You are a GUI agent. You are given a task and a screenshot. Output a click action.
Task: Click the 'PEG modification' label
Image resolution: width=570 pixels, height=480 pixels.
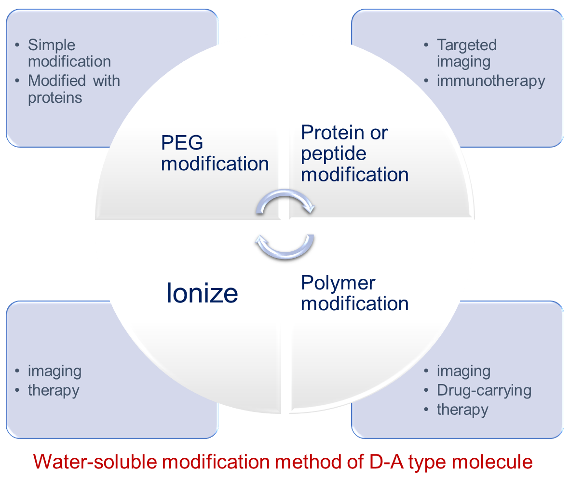tap(215, 153)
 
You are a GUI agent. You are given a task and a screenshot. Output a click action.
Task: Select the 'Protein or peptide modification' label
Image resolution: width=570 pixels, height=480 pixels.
tap(354, 153)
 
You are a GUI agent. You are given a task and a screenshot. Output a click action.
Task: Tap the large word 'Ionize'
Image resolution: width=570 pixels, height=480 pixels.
tap(202, 293)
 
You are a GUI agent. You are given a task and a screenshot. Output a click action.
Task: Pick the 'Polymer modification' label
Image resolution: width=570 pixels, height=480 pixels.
tap(354, 293)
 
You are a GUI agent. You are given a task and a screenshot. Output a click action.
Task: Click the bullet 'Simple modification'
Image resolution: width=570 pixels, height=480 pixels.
tap(69, 53)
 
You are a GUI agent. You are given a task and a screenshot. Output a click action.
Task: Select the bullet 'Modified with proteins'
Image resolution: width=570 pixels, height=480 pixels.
tap(74, 89)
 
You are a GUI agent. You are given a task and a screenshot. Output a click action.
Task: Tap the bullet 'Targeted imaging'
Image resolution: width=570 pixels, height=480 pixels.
tap(466, 53)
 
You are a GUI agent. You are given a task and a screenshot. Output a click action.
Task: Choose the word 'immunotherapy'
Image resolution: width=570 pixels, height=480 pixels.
tap(491, 81)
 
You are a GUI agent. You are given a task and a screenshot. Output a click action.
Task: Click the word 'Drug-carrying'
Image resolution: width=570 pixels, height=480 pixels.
tap(484, 390)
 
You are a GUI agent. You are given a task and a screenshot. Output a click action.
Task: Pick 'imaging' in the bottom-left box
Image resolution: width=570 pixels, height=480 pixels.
tap(54, 371)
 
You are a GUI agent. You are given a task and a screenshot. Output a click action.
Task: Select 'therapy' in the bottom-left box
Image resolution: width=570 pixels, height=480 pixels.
tap(54, 390)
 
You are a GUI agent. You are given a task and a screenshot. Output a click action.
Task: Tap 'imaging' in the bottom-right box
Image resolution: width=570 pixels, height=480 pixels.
tap(463, 371)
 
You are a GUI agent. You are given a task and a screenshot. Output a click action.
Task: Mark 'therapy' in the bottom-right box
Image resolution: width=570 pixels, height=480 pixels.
tap(462, 410)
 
